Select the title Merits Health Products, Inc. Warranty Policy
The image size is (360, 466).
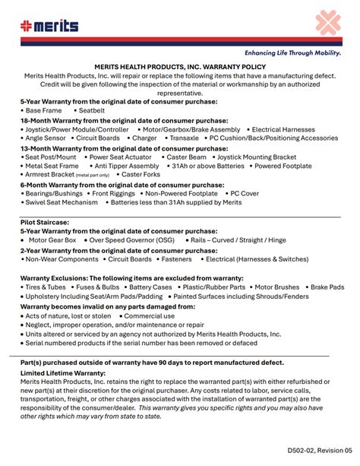coord(180,67)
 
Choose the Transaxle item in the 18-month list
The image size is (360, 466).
coord(184,138)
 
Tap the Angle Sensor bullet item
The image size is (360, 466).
coord(45,138)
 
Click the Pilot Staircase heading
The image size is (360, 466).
coord(45,222)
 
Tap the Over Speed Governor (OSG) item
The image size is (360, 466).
coord(131,240)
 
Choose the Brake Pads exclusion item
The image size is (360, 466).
coord(327,287)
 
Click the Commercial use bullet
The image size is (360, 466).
coord(149,315)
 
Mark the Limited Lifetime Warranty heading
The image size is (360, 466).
coord(62,373)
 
